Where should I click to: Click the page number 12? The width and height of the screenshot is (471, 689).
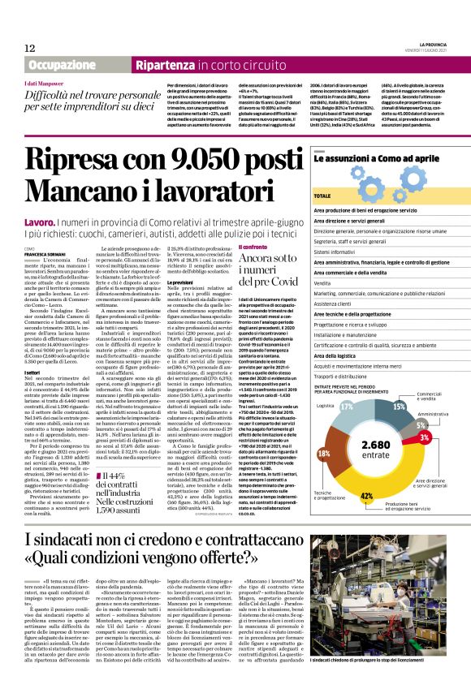[30, 49]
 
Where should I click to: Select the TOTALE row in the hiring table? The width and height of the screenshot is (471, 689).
[325, 196]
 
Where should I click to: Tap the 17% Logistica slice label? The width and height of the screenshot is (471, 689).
[346, 404]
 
